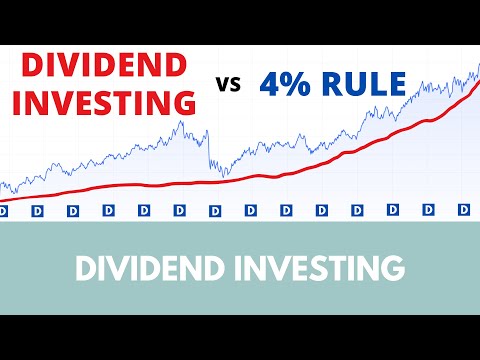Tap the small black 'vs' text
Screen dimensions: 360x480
229,85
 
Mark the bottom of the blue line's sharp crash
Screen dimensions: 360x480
222,176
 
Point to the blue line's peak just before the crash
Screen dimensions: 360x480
179,122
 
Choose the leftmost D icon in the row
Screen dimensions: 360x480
3,211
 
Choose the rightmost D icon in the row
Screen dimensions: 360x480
464,211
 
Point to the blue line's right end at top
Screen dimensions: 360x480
477,66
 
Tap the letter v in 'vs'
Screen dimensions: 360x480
223,86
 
